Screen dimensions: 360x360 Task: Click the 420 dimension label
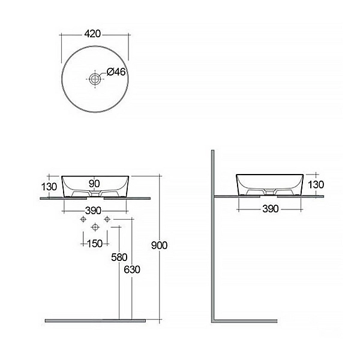92,34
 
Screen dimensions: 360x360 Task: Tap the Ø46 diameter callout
116,72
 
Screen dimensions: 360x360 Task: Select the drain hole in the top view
95,79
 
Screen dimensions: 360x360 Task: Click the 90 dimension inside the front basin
94,184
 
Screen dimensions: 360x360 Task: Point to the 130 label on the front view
49,187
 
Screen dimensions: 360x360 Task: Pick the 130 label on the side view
316,185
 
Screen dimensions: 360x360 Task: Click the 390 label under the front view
93,211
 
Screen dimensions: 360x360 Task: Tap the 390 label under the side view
271,209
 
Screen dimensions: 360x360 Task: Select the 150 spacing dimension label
95,244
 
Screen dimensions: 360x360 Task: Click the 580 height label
119,257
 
